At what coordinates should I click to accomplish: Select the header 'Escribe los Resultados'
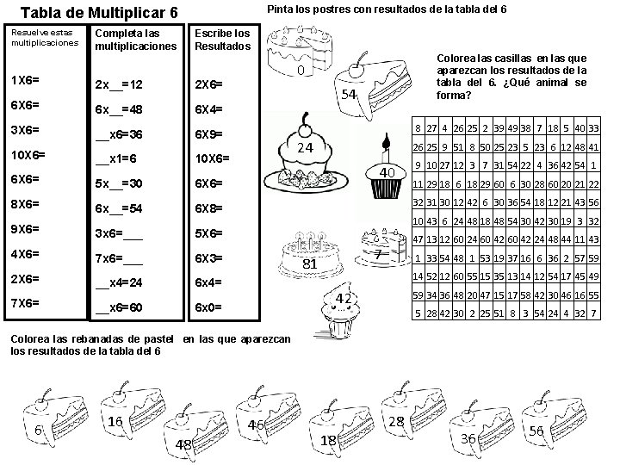(221, 40)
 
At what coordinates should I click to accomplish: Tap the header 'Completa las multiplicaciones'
(135, 40)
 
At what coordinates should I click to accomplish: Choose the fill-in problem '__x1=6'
(118, 159)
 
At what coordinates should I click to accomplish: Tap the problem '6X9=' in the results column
(210, 134)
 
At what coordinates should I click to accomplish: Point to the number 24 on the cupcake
(303, 147)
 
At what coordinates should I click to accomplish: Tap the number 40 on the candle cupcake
(387, 173)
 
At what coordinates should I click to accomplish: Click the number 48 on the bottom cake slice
(183, 443)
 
